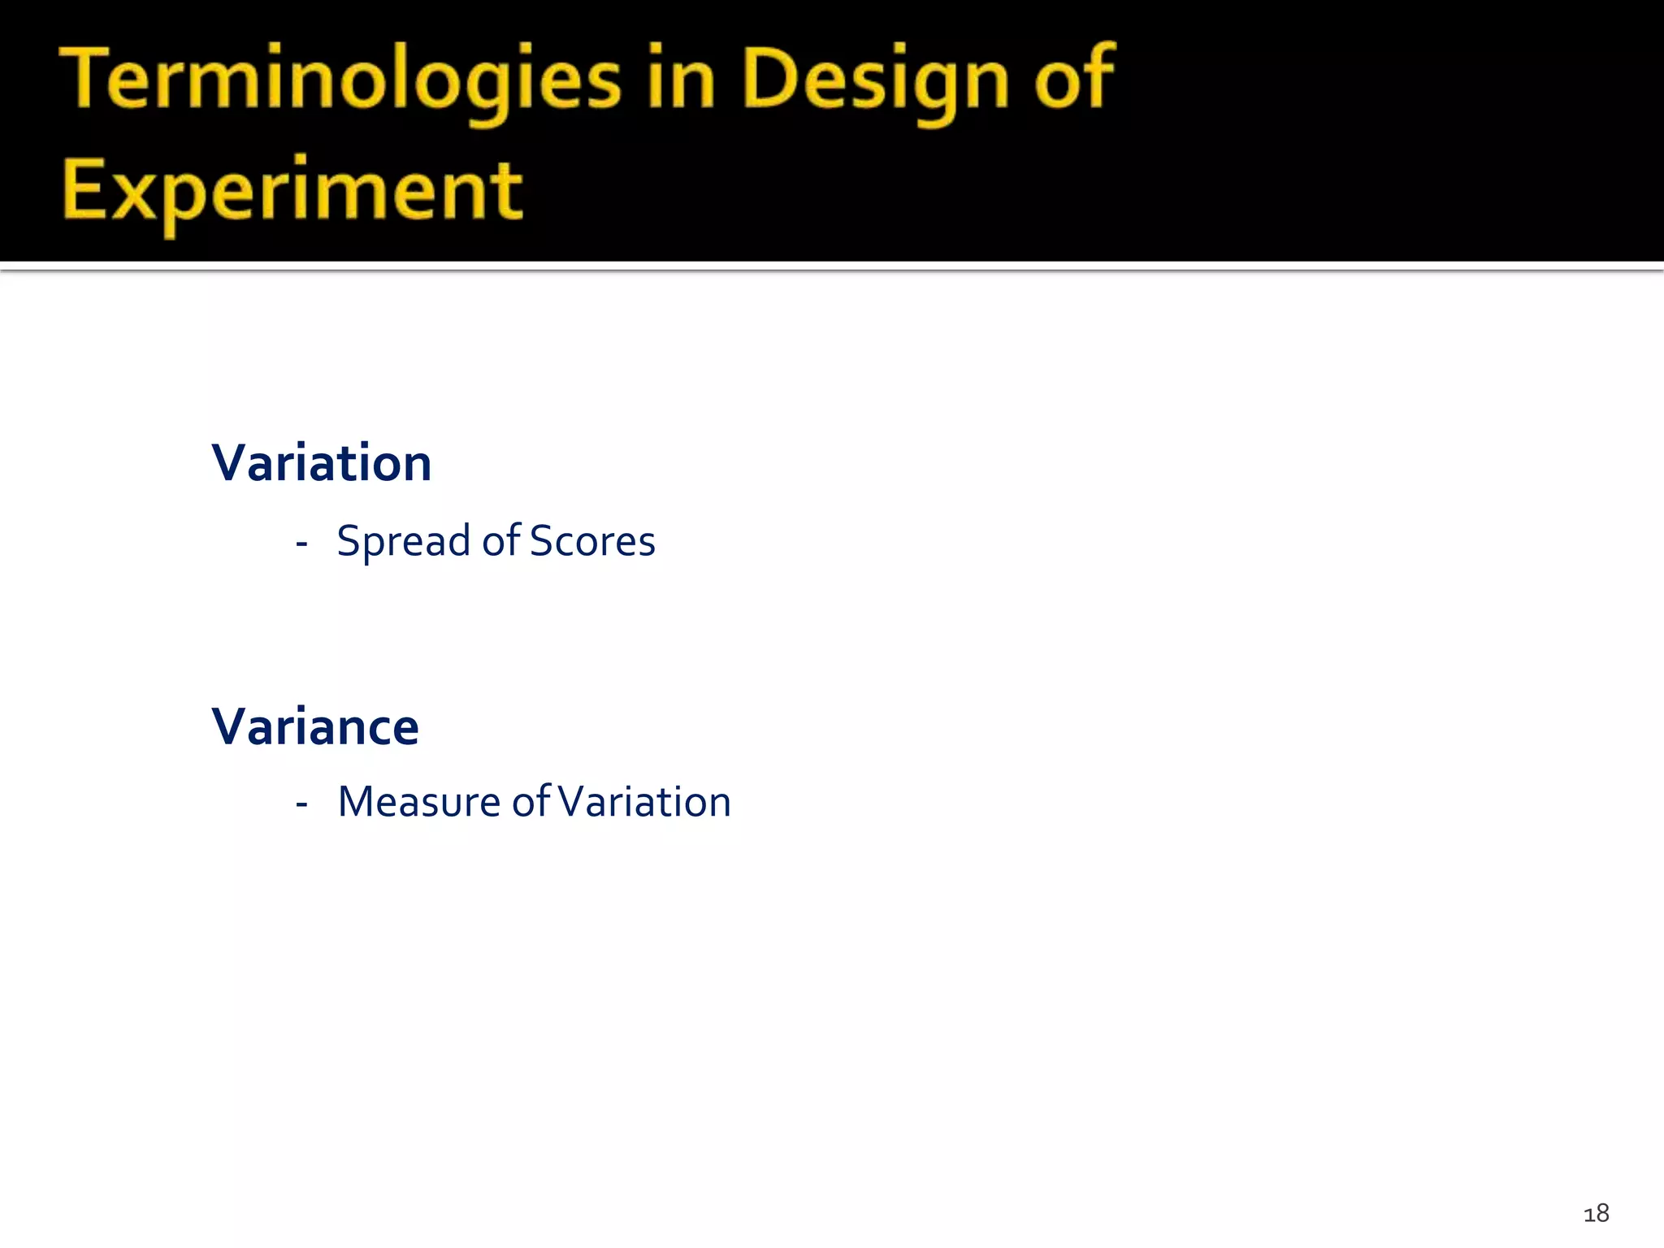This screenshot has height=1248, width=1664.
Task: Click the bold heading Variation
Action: coord(322,464)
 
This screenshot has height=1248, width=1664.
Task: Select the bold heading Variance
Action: coord(315,727)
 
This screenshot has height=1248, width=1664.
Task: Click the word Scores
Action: coord(592,542)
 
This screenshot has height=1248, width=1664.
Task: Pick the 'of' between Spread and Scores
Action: coord(500,540)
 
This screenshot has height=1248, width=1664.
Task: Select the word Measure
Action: coord(419,803)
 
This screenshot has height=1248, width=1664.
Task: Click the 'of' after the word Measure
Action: coord(531,801)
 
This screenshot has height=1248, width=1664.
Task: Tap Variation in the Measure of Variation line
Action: coord(645,803)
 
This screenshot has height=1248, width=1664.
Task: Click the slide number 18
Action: coord(1596,1214)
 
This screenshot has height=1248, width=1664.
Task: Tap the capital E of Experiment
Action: coord(84,188)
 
